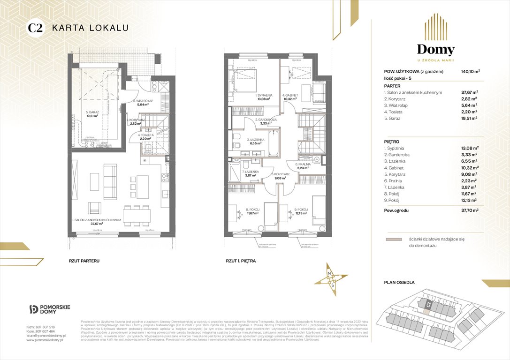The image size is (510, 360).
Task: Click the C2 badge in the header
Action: pyautogui.click(x=36, y=28)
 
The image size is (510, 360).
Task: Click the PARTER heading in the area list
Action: pyautogui.click(x=392, y=86)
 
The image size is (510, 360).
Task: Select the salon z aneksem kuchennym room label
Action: pyautogui.click(x=97, y=220)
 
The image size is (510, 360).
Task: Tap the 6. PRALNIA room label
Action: pyautogui.click(x=303, y=165)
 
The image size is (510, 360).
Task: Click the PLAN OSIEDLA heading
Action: pyautogui.click(x=399, y=282)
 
